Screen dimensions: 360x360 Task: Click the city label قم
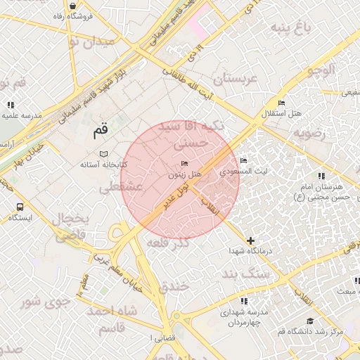(x=101, y=130)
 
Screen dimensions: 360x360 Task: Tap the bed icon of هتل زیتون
(x=185, y=164)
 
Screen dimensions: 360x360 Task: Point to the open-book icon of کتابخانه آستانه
(x=104, y=154)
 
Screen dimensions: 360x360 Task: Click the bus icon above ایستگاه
(x=20, y=207)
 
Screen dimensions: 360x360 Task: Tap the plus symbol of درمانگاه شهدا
(x=250, y=240)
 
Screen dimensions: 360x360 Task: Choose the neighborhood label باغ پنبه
(x=292, y=29)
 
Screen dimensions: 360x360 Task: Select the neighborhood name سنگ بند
(x=242, y=274)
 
